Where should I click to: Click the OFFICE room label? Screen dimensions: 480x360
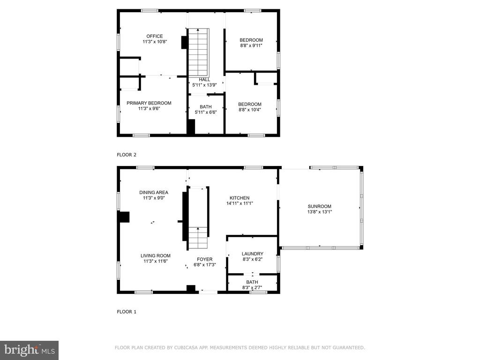155,36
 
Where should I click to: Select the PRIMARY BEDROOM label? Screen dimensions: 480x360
149,103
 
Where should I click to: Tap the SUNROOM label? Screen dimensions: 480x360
320,206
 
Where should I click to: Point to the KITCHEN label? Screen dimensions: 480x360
240,198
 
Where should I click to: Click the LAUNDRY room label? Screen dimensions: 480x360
253,254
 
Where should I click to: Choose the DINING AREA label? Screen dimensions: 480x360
154,193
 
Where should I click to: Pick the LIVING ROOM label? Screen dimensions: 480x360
156,256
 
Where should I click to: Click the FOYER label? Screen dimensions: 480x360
205,259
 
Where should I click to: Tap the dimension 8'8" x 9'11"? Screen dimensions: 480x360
251,45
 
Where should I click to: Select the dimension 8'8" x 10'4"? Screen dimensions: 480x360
250,110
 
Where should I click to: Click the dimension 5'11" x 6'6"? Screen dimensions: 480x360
206,112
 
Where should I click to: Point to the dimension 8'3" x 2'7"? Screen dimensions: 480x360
252,287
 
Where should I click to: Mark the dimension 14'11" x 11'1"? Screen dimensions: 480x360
240,203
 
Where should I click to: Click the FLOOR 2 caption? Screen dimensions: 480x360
127,155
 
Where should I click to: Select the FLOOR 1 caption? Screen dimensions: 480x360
127,312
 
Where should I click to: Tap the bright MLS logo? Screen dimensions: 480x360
30,350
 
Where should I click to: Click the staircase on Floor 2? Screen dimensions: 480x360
198,52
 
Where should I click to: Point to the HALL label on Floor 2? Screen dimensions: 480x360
204,80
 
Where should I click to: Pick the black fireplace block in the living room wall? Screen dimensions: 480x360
125,217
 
